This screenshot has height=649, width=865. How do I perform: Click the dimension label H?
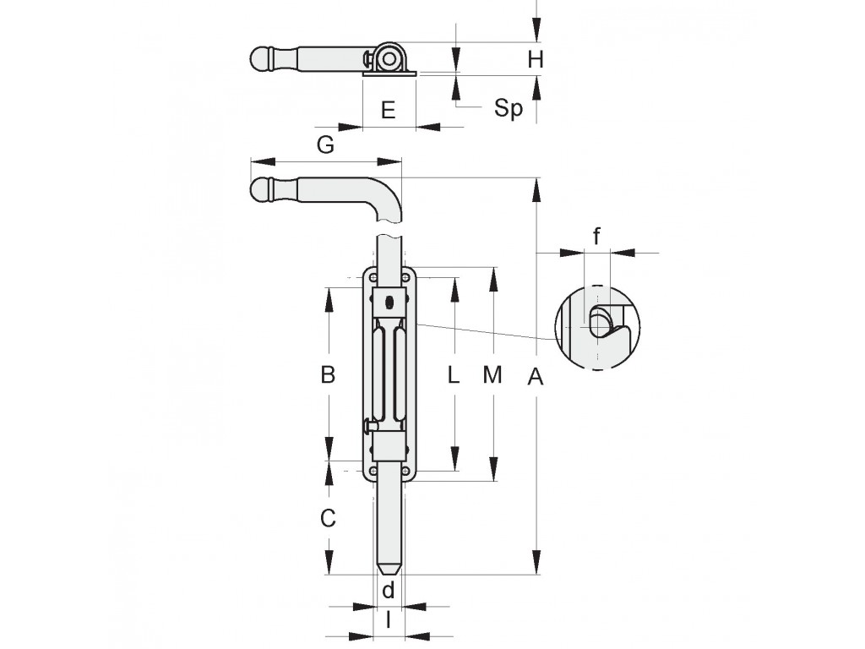tap(535, 58)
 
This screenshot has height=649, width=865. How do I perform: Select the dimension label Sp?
tap(508, 107)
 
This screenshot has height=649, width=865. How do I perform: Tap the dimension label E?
tap(389, 110)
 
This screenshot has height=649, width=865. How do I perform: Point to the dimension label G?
tap(325, 145)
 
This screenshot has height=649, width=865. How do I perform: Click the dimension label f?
tap(596, 237)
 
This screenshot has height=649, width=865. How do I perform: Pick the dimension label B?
tap(328, 374)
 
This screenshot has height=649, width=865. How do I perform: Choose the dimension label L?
tap(453, 374)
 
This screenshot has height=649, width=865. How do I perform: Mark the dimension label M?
tap(492, 374)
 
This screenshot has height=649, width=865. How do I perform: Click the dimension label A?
tap(535, 377)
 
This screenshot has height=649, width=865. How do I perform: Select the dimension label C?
tap(328, 518)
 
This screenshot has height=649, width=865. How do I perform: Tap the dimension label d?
tap(389, 589)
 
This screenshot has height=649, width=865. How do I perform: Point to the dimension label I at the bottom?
tap(389, 620)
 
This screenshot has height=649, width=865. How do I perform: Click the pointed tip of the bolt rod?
tap(390, 574)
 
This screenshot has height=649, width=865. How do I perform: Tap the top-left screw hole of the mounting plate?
tap(373, 276)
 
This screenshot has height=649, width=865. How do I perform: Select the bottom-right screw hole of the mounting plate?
tap(406, 471)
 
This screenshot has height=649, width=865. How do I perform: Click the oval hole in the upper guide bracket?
tap(390, 302)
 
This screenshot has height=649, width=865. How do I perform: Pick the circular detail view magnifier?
tap(598, 328)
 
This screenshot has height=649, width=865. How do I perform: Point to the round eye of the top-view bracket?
tap(389, 58)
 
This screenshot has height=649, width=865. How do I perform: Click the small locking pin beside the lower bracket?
tap(370, 426)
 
